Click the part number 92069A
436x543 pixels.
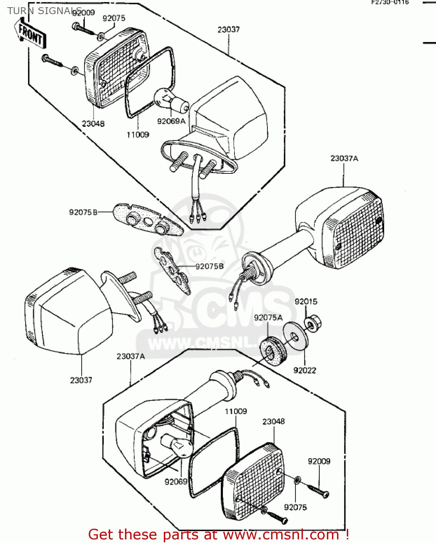[171, 121]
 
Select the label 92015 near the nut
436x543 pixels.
[306, 302]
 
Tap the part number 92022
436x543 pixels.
[304, 370]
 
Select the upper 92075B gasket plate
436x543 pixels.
[147, 220]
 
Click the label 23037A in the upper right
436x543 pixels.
[344, 159]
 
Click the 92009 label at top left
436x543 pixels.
[83, 13]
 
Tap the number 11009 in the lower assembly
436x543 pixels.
[236, 412]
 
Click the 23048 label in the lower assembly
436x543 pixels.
[273, 422]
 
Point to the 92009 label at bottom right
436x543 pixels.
[319, 461]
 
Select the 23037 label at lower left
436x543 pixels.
[81, 380]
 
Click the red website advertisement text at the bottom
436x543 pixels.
[219, 535]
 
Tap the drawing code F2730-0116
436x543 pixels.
[390, 2]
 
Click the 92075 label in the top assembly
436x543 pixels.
[114, 18]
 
